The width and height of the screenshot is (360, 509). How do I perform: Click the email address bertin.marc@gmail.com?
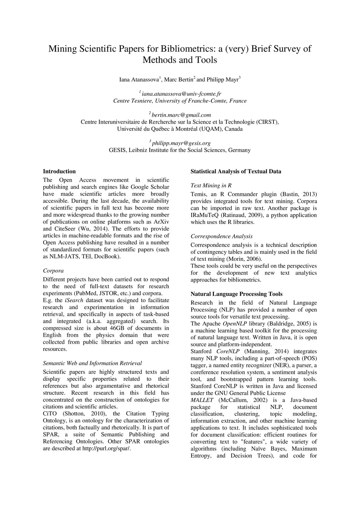pyautogui.click(x=181, y=115)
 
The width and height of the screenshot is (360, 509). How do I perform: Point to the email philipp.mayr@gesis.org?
pyautogui.click(x=181, y=143)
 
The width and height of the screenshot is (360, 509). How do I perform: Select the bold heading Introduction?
pyautogui.click(x=59, y=172)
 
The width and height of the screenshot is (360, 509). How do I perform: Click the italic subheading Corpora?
pyautogui.click(x=53, y=271)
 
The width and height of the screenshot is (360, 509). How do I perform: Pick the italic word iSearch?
pyautogui.click(x=74, y=300)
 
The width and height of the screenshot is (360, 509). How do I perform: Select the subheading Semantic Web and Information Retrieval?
pyautogui.click(x=92, y=363)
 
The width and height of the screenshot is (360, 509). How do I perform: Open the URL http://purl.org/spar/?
pyautogui.click(x=107, y=449)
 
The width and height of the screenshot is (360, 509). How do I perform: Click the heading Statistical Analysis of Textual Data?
pyautogui.click(x=236, y=172)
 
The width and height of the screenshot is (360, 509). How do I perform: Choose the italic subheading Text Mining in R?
pyautogui.click(x=211, y=186)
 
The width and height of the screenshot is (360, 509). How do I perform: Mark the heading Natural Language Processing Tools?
pyautogui.click(x=236, y=294)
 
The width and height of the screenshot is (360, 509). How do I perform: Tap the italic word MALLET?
pyautogui.click(x=202, y=400)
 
